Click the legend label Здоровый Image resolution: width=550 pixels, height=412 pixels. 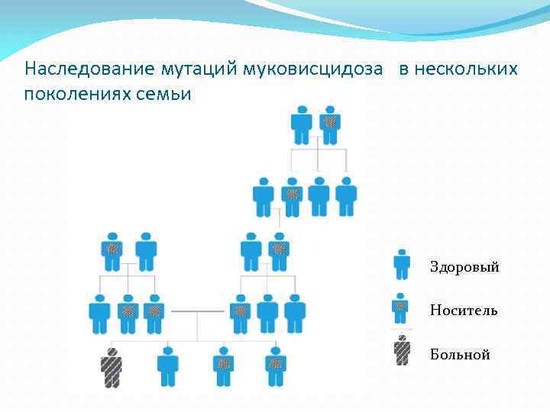[464, 267]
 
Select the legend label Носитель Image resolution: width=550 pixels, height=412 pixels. [464, 311]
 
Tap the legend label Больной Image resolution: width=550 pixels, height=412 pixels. [460, 355]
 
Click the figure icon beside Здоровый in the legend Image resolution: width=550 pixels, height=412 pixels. [402, 265]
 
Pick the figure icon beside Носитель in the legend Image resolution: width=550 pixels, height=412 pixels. [402, 307]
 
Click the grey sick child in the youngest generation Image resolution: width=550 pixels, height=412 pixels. [112, 366]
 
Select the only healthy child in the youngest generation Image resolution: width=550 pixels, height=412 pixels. [167, 366]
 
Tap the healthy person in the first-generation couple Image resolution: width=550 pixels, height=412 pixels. [302, 124]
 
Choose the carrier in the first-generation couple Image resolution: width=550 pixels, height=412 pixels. [330, 124]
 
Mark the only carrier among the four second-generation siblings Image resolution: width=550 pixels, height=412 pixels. [291, 196]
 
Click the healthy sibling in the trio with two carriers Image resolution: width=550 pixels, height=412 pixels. [99, 313]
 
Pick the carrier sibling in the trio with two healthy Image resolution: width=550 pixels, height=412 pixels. [240, 313]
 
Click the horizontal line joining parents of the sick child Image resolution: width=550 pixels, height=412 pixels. [197, 311]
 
